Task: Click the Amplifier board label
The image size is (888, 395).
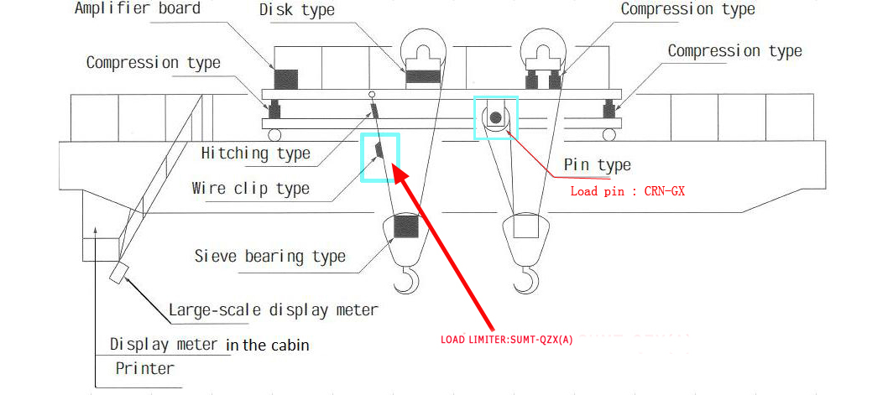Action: [x=138, y=9]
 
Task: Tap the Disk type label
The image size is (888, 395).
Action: [x=296, y=11]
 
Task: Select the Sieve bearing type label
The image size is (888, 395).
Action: [x=269, y=256]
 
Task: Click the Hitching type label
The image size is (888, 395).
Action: [x=255, y=153]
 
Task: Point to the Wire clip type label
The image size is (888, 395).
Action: [x=250, y=188]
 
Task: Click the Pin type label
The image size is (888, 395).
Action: [x=597, y=165]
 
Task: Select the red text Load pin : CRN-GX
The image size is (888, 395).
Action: [x=628, y=191]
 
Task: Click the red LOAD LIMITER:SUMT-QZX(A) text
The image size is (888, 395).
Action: [x=507, y=340]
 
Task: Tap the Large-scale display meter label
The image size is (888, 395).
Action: [x=273, y=309]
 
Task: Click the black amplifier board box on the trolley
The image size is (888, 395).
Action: [x=286, y=81]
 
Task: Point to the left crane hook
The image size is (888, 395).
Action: [x=406, y=280]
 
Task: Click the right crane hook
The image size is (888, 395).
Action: [x=528, y=280]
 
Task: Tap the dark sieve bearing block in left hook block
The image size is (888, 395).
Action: [x=405, y=226]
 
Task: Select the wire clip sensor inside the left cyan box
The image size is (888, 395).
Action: [x=379, y=150]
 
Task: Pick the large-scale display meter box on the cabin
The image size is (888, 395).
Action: [x=118, y=273]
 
